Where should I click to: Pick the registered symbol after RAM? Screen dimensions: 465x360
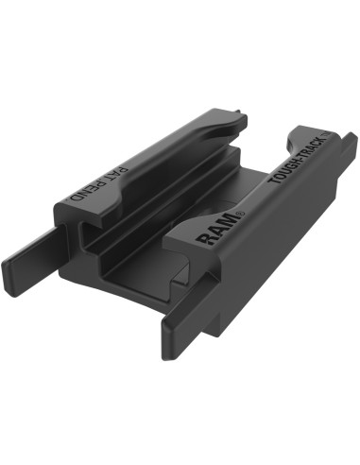point(236,213)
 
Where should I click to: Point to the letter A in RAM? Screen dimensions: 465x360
point(214,231)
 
